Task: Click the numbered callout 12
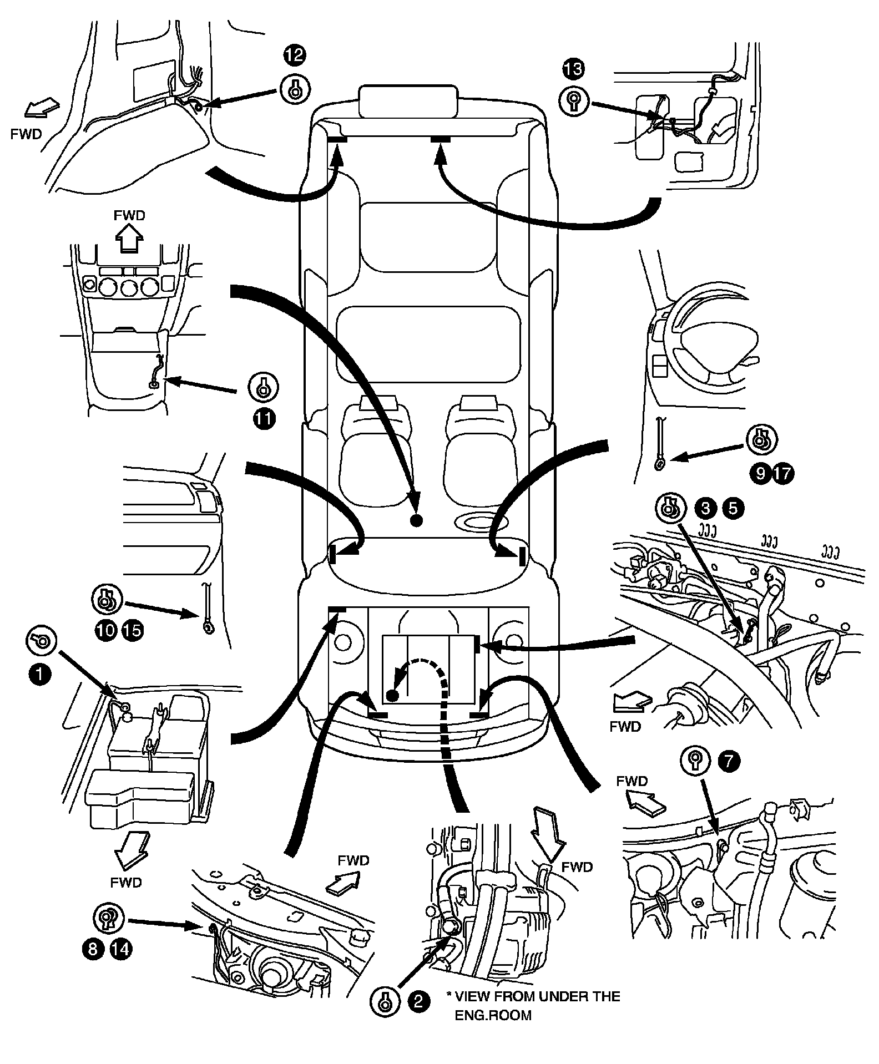tap(295, 55)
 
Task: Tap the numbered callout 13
tap(573, 69)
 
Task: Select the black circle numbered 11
tap(264, 419)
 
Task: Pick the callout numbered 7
tap(729, 761)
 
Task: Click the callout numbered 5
tap(734, 509)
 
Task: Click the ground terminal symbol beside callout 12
tap(295, 88)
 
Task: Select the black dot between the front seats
tap(416, 520)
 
